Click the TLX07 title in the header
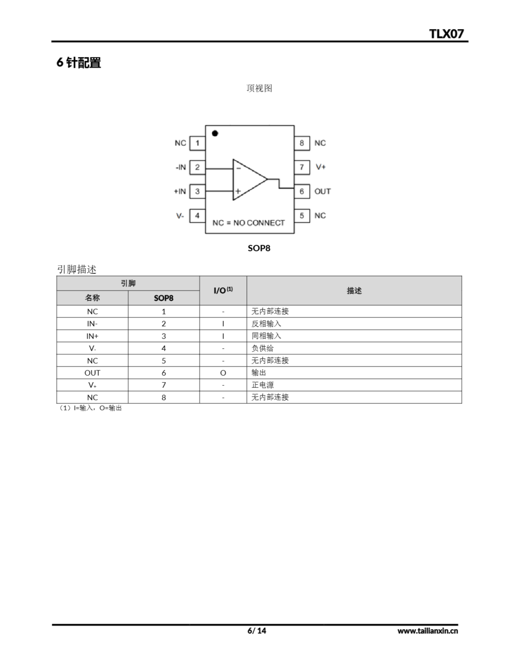tap(446, 34)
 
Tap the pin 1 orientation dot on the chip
tap(215, 133)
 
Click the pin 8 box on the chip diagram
tap(302, 143)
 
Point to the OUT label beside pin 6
tap(323, 192)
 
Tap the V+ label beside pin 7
tap(320, 167)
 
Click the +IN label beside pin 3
tap(180, 192)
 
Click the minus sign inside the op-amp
tap(238, 168)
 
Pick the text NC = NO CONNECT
tap(249, 223)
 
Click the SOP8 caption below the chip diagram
tap(259, 248)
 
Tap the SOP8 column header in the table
tap(163, 298)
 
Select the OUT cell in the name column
tap(92, 373)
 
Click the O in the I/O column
tap(223, 373)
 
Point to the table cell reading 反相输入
tap(266, 324)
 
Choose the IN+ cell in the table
tap(92, 336)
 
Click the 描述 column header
tap(354, 291)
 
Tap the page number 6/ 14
tap(257, 631)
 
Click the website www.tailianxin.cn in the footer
tap(427, 631)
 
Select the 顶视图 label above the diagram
tap(259, 88)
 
